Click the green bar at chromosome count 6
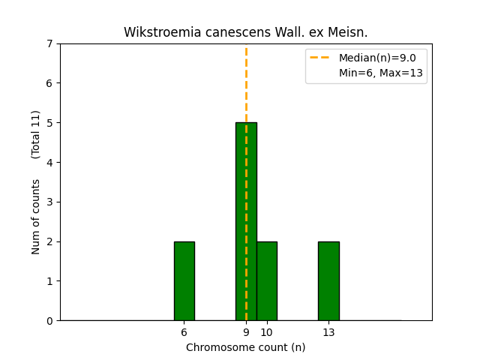[184, 280]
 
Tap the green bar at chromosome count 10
[266, 280]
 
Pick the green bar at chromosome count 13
[328, 280]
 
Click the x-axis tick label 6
[184, 332]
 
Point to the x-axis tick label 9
[246, 332]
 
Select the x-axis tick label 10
[266, 332]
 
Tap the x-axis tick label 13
[328, 332]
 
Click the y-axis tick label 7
[49, 43]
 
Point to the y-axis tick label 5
[49, 123]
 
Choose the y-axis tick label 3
[49, 202]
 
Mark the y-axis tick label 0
[49, 321]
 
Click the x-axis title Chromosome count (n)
[246, 347]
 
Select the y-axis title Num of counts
[36, 217]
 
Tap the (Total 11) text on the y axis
[36, 134]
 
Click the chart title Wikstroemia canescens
[246, 32]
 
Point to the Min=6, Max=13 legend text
[382, 73]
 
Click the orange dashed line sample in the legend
[321, 58]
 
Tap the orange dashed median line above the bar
[246, 82]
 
